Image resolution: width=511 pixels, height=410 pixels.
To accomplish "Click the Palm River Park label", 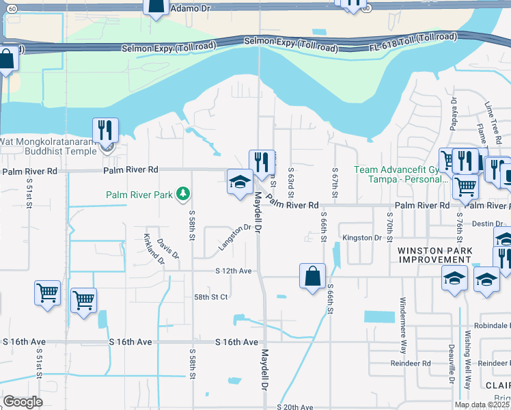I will (x=139, y=195).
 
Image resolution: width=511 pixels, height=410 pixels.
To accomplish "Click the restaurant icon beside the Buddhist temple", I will (x=105, y=130).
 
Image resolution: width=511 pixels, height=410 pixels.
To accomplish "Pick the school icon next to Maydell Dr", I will (x=240, y=182).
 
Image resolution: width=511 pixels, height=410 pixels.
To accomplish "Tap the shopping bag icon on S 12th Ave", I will (x=312, y=277).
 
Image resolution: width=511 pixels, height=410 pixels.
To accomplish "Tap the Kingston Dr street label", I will (x=361, y=238).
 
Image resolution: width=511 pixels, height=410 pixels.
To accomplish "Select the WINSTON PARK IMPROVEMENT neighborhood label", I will (x=434, y=255).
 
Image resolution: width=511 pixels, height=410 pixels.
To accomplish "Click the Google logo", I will (x=23, y=402).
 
